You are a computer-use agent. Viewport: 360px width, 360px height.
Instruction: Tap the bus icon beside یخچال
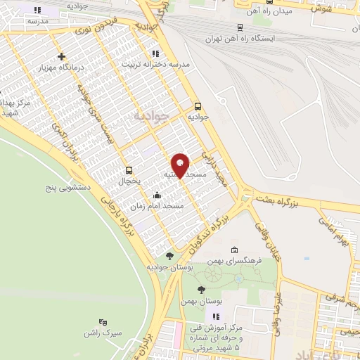(129, 170)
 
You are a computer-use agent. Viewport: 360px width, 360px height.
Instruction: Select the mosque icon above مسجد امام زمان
(156, 195)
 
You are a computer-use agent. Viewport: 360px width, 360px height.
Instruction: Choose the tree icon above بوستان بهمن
(202, 290)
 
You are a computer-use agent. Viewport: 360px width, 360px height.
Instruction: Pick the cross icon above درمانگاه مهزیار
(62, 56)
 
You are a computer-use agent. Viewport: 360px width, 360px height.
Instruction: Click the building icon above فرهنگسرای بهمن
(234, 250)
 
